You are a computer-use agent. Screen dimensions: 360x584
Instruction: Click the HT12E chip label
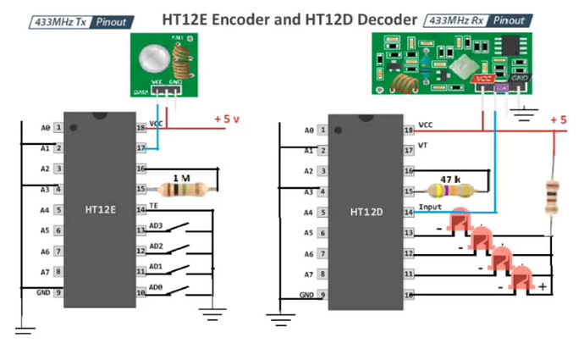pyautogui.click(x=100, y=207)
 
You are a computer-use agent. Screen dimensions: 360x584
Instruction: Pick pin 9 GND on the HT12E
pyautogui.click(x=58, y=292)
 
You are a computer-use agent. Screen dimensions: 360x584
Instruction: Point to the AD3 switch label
pyautogui.click(x=156, y=226)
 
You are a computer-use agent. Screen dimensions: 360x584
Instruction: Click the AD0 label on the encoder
pyautogui.click(x=156, y=286)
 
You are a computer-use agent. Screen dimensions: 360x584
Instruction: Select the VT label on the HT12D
pyautogui.click(x=425, y=147)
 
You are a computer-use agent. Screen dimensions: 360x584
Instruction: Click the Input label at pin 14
pyautogui.click(x=430, y=207)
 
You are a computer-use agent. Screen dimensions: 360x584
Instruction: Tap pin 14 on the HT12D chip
pyautogui.click(x=409, y=212)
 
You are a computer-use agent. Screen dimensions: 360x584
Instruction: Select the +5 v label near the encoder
pyautogui.click(x=227, y=119)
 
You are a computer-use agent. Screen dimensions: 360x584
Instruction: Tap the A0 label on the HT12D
pyautogui.click(x=309, y=130)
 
